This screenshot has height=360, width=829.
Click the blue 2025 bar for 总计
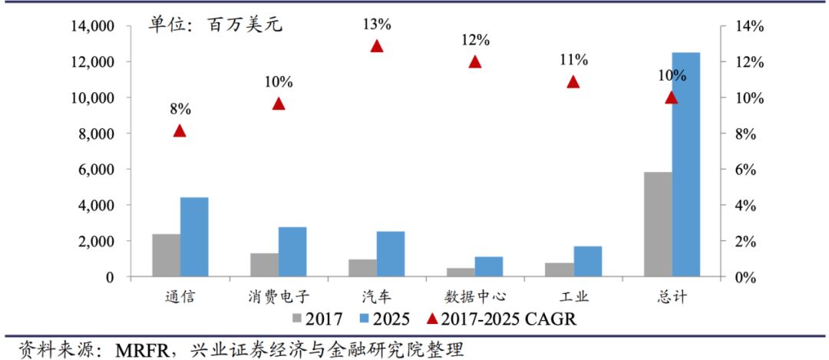coord(685,164)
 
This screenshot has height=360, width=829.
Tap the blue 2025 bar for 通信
coord(194,236)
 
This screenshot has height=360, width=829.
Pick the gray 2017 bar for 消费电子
coord(264,265)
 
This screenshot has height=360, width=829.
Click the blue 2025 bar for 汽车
coord(391,254)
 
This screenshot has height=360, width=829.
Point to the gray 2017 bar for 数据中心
coord(461,272)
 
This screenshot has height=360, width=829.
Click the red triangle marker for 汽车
coord(377,46)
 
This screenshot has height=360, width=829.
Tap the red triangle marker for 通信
coord(180,130)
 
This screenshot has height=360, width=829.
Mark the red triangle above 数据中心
coord(475,62)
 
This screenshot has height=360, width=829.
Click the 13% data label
coord(377,25)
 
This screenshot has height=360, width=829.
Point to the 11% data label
coord(573,60)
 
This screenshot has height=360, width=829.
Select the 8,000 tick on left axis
coord(94,134)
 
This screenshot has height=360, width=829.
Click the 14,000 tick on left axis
coord(90,26)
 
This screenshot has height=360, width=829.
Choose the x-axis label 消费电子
coord(278,296)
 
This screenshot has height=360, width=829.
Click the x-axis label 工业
coord(573,296)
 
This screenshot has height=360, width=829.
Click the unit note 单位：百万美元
coord(216,25)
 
